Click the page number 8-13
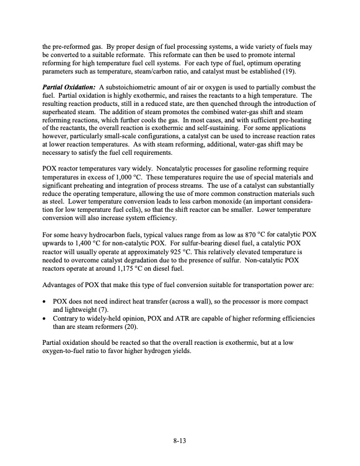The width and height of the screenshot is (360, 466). pyautogui.click(x=180, y=438)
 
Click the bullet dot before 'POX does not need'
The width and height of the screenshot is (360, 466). pyautogui.click(x=46, y=302)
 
